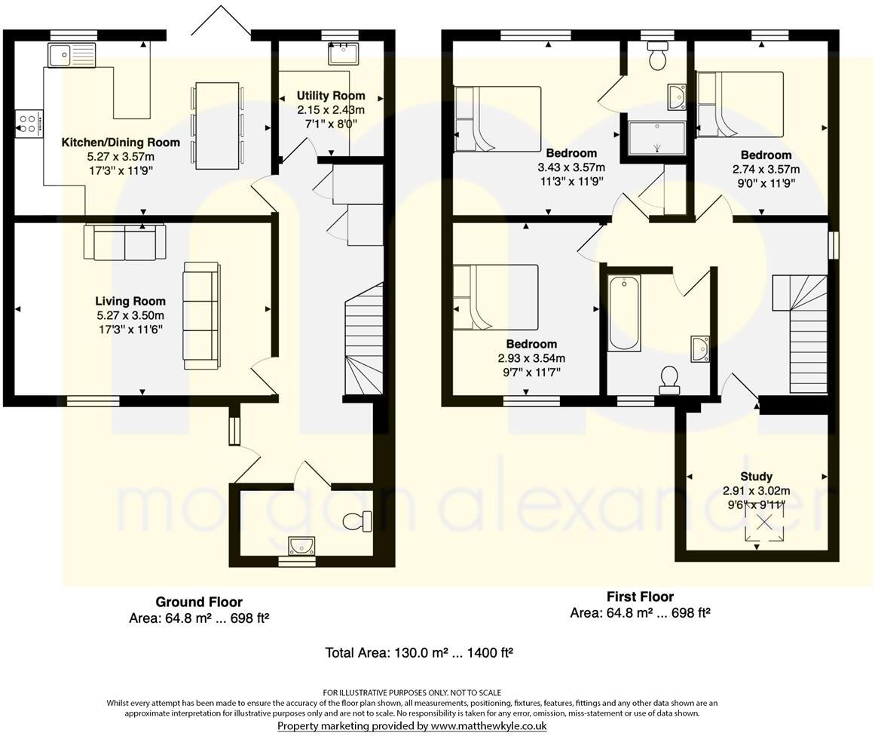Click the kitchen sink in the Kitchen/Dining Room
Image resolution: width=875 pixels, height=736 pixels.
72,54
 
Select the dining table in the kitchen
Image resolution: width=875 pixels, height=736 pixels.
218,124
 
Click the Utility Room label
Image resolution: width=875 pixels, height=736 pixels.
330,96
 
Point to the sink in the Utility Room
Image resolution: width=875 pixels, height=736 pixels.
341,54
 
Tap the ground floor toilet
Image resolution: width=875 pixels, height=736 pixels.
357,520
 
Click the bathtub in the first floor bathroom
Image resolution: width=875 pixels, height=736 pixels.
624,313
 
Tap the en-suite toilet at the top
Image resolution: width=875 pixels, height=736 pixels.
657,57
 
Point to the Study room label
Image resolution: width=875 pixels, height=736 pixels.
755,477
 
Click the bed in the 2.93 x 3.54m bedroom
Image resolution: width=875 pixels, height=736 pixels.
496,297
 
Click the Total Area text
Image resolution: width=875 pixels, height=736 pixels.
418,652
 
